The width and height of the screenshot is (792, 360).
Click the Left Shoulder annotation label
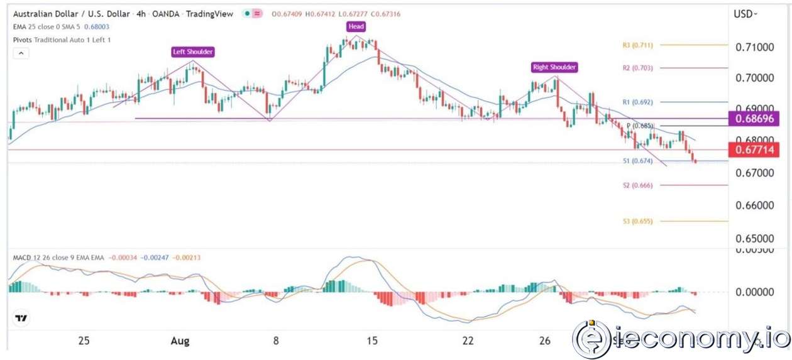click(192, 52)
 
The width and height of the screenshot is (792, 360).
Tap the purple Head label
click(356, 26)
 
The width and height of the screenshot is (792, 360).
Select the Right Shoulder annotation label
click(554, 67)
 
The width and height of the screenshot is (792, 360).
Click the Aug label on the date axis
click(180, 341)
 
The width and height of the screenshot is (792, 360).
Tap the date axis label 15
click(371, 341)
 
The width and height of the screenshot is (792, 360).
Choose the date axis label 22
click(468, 341)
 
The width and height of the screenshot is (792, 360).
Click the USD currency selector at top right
click(746, 13)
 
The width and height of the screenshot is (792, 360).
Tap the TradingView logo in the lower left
click(21, 319)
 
